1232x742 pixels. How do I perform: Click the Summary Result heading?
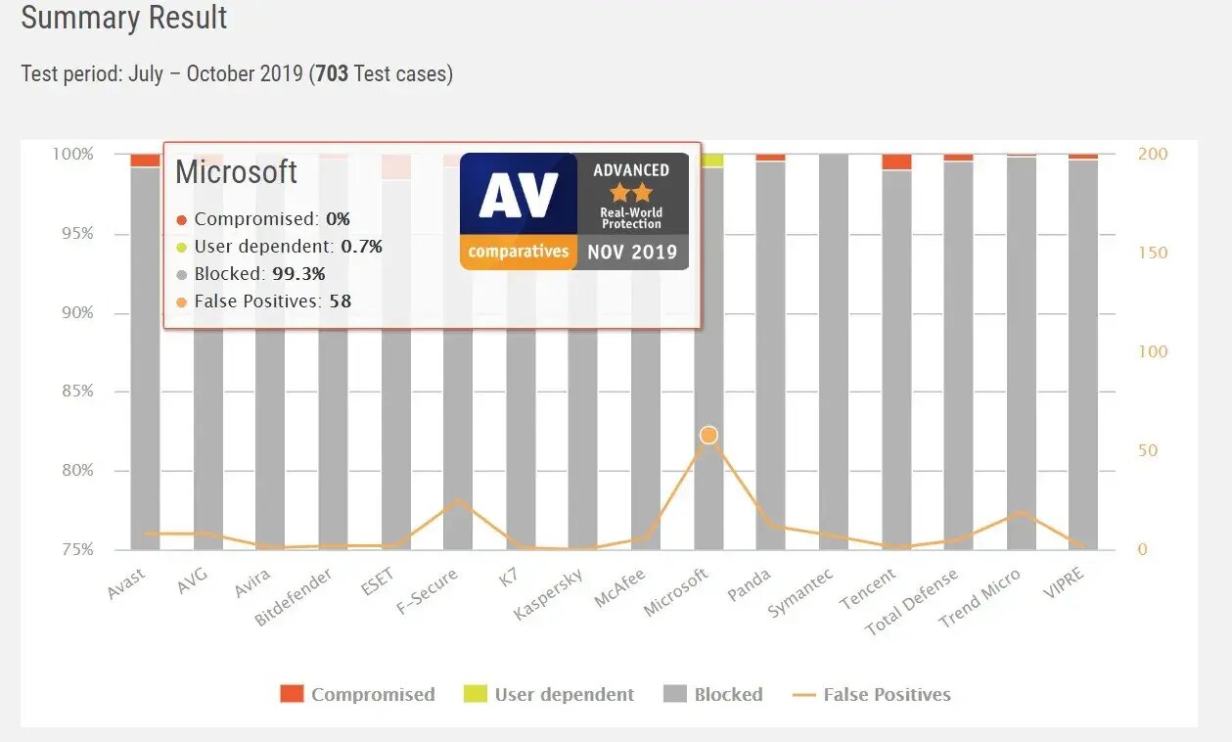coord(124,19)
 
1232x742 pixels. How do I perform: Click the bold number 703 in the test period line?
coord(332,74)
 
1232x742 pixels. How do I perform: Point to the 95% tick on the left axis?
coord(72,234)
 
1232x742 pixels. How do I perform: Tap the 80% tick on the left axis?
coord(72,471)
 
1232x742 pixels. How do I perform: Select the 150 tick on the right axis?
coord(1153,253)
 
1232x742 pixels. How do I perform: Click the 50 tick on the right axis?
coord(1147,451)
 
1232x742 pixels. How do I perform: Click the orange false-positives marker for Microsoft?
coord(708,435)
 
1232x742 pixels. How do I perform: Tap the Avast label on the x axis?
coord(127,584)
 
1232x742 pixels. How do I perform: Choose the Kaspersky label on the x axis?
coord(548,595)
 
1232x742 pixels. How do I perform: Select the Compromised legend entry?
coord(357,695)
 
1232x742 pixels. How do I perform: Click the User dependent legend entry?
coord(549,695)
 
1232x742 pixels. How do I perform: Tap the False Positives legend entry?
coord(871,695)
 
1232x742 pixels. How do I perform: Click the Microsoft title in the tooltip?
coord(236,172)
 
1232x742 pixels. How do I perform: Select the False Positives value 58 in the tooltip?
coord(340,301)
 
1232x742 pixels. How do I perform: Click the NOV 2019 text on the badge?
coord(632,252)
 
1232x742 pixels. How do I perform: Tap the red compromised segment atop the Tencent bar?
coord(896,162)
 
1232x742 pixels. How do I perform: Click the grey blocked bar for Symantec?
coord(834,352)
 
